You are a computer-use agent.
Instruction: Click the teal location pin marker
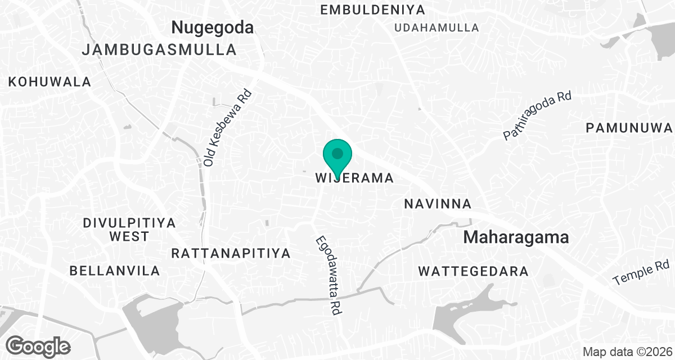(x=337, y=155)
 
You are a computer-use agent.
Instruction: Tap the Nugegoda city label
(x=213, y=27)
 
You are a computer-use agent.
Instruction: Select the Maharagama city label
(x=516, y=237)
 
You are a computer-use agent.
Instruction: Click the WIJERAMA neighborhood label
(x=354, y=178)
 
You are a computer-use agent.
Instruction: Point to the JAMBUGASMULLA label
(x=159, y=50)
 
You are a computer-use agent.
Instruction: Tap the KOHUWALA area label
(x=49, y=82)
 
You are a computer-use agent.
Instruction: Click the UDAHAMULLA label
(x=437, y=28)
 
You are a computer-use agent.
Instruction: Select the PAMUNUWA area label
(x=629, y=128)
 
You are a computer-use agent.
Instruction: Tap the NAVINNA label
(x=438, y=204)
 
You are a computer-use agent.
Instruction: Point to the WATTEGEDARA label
(x=473, y=272)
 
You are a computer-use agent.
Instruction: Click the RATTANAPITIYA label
(x=231, y=253)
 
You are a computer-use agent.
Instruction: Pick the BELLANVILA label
(x=115, y=271)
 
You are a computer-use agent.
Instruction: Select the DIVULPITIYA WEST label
(x=129, y=229)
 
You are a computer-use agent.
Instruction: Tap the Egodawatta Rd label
(x=328, y=274)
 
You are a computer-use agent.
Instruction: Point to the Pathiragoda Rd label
(x=537, y=116)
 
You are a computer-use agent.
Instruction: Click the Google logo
(x=38, y=345)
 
